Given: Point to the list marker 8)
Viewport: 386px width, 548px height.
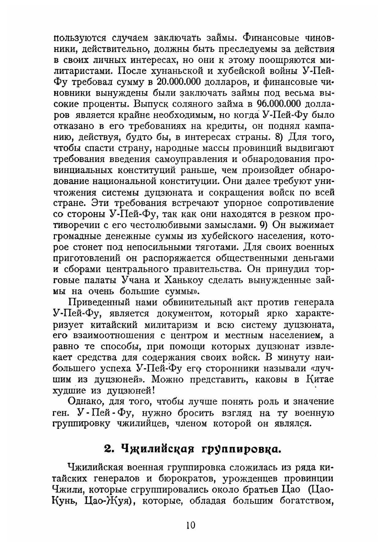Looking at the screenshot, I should click(277, 137).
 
